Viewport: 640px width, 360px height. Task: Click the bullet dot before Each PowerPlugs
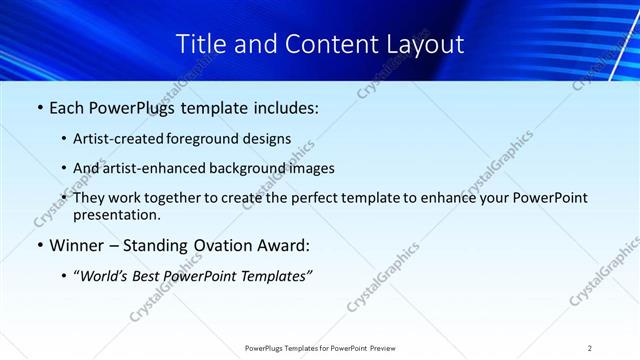[x=39, y=108]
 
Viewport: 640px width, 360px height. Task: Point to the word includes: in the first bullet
[x=283, y=108]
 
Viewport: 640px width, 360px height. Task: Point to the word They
[x=90, y=198]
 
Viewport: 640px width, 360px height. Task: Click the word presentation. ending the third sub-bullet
[x=116, y=214]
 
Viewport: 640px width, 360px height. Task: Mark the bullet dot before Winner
[x=39, y=245]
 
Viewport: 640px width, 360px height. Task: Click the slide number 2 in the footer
[x=590, y=348]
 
